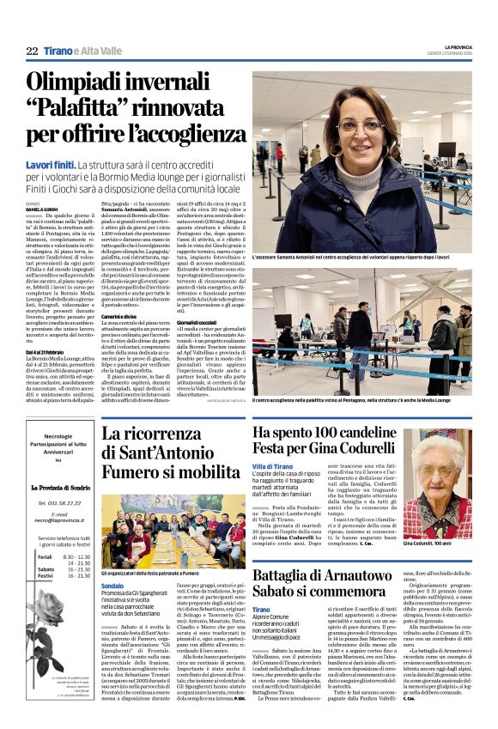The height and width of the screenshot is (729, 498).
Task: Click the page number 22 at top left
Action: pyautogui.click(x=33, y=52)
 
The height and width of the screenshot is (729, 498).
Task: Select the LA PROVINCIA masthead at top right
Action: pyautogui.click(x=455, y=46)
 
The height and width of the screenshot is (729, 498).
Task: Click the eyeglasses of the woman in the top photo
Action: pyautogui.click(x=361, y=125)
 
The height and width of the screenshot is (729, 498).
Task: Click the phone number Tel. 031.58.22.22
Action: pyautogui.click(x=58, y=502)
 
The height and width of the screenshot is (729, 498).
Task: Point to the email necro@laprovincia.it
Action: pyautogui.click(x=58, y=518)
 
